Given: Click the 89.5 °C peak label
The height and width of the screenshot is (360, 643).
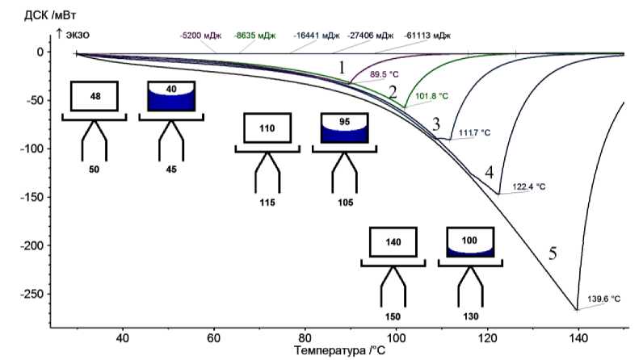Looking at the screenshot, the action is (385, 75).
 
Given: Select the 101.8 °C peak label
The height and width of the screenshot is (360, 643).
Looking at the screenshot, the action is (431, 95).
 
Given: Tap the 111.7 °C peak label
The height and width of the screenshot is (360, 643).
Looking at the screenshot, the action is (474, 133).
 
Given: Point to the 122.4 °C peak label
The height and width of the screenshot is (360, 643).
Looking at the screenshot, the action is (529, 186).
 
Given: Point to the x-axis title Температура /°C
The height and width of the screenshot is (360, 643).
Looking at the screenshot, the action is (339, 351).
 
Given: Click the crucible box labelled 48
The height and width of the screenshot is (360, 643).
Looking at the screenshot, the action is (95, 96).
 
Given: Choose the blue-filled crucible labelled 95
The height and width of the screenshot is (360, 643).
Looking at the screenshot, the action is (345, 128).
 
